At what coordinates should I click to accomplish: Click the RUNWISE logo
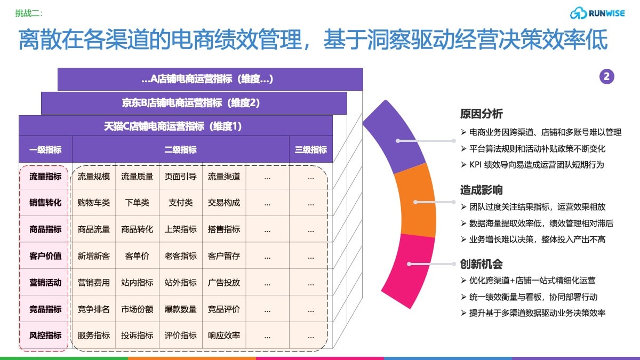597,13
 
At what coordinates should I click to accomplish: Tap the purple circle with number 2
606,77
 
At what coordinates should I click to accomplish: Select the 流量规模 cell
94,177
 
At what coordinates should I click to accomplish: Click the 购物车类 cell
94,203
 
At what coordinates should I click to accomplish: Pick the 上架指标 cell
181,229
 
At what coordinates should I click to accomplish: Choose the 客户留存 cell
224,255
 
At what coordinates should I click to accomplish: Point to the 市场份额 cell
137,309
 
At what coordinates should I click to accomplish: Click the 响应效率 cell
224,335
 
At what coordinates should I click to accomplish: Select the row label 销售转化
45,203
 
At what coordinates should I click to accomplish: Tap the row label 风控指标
45,335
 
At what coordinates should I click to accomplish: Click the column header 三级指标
311,149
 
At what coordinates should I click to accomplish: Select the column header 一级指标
45,149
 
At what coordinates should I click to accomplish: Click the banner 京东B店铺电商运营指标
191,103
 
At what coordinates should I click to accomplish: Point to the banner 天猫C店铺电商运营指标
173,126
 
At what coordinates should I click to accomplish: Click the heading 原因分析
482,114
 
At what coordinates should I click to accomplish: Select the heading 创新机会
482,264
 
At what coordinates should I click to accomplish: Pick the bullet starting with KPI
533,165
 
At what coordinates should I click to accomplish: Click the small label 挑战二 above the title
29,13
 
